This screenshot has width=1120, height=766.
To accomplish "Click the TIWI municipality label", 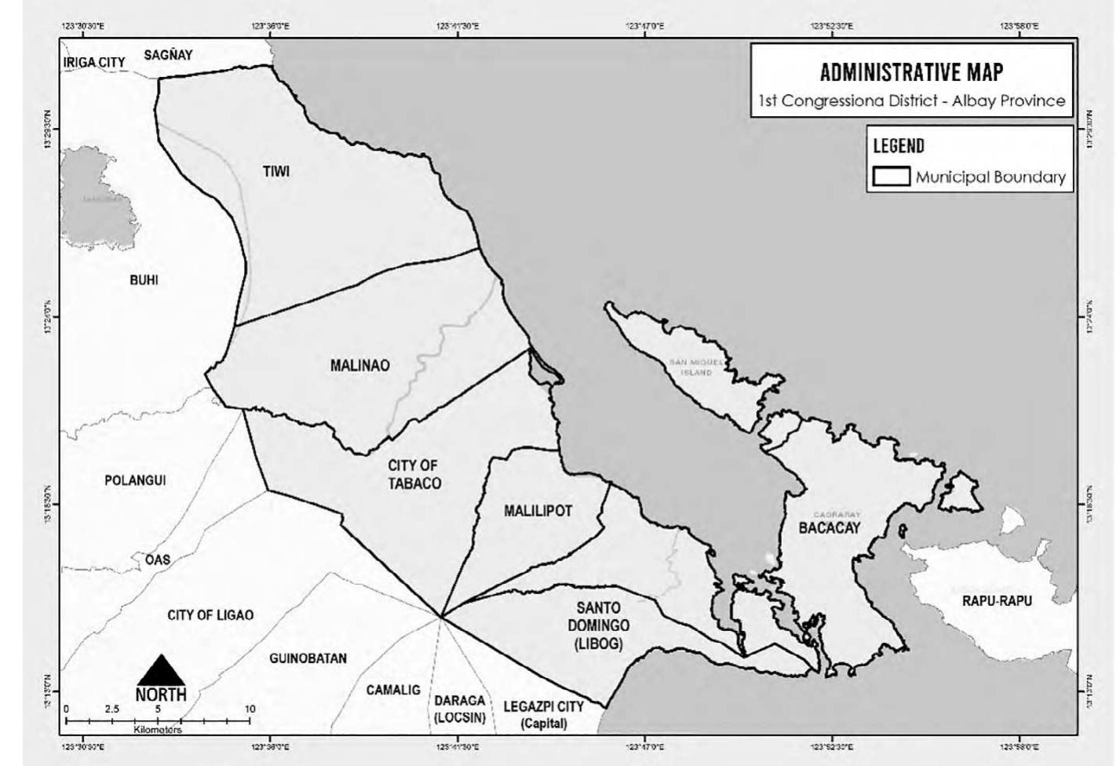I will click(275, 171).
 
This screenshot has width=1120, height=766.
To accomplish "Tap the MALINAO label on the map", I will click(359, 365).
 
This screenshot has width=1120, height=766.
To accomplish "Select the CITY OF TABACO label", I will click(414, 475).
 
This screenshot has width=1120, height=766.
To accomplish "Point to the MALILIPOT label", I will click(538, 511).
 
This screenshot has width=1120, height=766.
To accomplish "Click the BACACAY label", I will click(830, 527).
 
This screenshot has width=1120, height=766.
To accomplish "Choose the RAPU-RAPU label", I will click(997, 601).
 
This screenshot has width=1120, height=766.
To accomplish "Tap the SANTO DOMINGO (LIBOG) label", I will click(598, 626).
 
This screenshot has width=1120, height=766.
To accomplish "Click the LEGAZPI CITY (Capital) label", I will click(544, 714).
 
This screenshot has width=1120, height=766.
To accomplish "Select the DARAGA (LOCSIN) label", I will click(460, 709).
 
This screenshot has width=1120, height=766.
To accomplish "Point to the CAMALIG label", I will click(393, 690).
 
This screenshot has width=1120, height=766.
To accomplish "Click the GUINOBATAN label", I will click(308, 658).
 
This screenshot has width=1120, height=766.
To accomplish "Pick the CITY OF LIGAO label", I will click(210, 615).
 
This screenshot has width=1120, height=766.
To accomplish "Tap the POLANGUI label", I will click(135, 480).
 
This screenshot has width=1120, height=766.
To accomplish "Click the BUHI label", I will click(144, 279).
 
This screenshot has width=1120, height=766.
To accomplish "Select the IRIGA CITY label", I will click(94, 63).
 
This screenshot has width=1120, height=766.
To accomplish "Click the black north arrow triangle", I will click(161, 671).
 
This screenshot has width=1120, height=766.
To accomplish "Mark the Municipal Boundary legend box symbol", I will click(891, 177).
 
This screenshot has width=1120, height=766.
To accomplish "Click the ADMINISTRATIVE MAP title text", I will click(911, 73).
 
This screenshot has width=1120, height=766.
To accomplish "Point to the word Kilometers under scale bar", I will click(158, 730).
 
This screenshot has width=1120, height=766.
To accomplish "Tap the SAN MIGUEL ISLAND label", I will click(695, 367).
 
